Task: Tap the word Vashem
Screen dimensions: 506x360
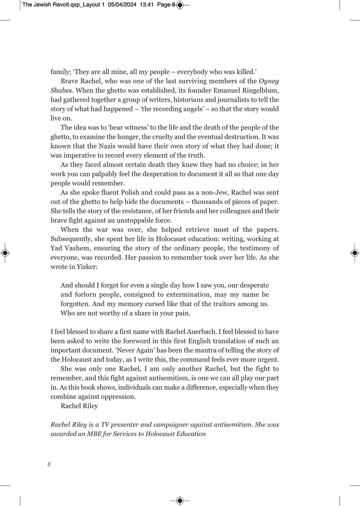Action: (x=70, y=248)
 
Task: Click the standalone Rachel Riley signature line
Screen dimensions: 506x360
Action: (x=79, y=406)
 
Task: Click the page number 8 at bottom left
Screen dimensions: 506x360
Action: (x=49, y=464)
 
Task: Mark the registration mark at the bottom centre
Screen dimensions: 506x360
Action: (x=180, y=500)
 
